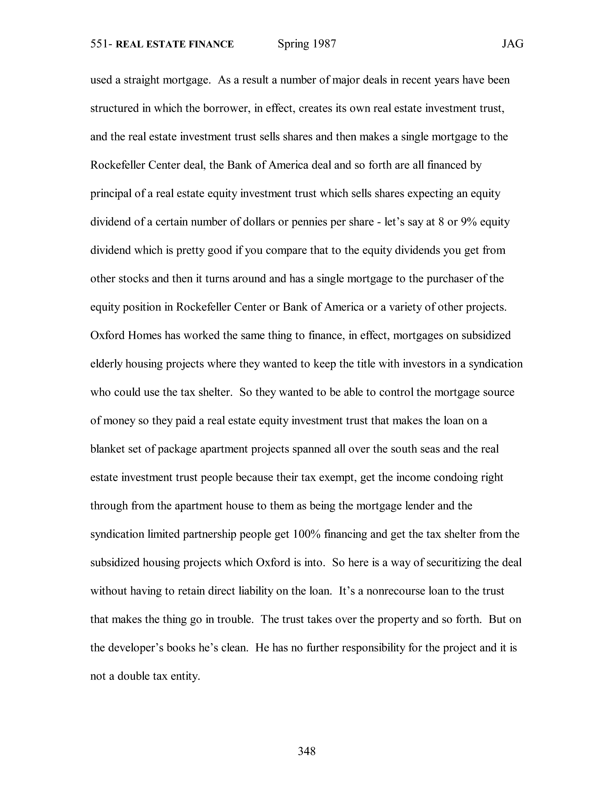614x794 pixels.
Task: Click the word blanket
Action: pos(107,449)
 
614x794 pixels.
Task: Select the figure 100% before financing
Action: pos(306,534)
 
